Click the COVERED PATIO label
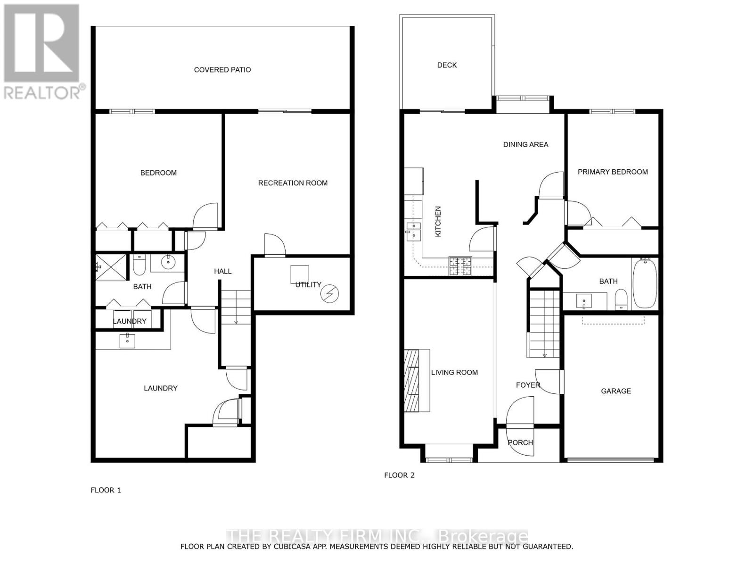pos(222,70)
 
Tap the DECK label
pos(447,65)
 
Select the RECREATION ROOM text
pos(293,183)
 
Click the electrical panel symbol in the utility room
pos(329,294)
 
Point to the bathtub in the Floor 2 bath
pos(644,283)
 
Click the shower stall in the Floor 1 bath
pos(111,267)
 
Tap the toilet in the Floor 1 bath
pos(139,266)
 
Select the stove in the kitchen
pos(460,266)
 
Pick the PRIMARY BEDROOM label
pos(613,172)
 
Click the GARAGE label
pos(615,391)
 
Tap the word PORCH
pos(520,442)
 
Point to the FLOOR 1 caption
pos(106,490)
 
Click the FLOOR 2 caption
pos(399,475)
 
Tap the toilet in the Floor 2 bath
pos(622,300)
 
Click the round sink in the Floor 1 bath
pos(167,262)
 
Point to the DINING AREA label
pos(525,144)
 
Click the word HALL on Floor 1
pos(223,271)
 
